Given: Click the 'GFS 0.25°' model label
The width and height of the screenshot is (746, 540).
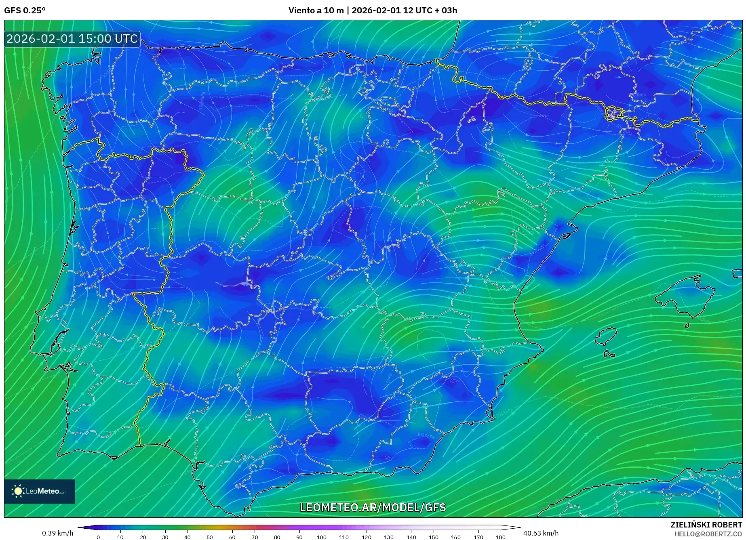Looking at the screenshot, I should coord(25,11).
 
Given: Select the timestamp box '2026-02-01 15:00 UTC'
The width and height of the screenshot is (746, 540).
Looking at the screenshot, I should coord(72,39).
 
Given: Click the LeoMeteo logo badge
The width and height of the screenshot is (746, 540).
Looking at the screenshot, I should coord(40,491).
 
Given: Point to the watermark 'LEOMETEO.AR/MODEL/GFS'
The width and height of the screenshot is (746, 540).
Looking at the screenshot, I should coord(373,507).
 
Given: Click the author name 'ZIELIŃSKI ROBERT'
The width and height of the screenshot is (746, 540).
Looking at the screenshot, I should coord(706,525).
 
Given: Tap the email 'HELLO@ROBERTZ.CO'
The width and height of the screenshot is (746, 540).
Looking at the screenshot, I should coord(708,534).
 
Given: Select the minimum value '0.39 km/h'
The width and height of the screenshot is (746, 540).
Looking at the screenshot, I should coord(57,533).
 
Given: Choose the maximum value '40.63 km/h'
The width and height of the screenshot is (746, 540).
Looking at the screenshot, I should coord(541,533).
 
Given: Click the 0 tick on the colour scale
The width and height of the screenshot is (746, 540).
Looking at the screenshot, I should coord(98,537).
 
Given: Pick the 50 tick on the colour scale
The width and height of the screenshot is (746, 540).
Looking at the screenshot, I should coord(209,537).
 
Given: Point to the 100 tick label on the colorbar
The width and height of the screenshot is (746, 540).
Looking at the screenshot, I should coord(321,537).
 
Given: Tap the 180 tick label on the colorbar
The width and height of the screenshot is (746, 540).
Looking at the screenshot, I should coord(500,537).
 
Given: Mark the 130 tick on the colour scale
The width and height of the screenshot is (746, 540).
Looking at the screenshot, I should coord(388,537).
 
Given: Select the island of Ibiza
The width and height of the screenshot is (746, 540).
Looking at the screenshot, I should coord(607,336).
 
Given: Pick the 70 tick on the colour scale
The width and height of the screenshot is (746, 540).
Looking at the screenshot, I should coord(254,537).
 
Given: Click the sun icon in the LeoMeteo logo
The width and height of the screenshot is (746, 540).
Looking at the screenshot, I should coord(18,491).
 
